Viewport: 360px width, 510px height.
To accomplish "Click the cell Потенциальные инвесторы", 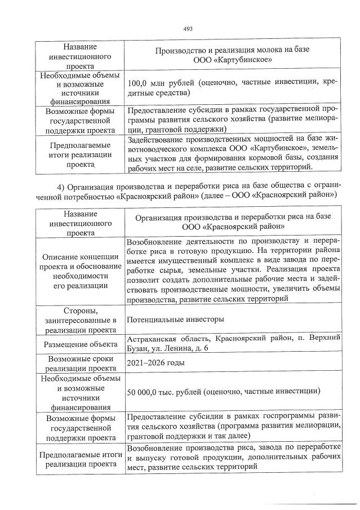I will point(176,320).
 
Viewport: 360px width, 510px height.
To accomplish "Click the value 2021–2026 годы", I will point(156,363).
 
